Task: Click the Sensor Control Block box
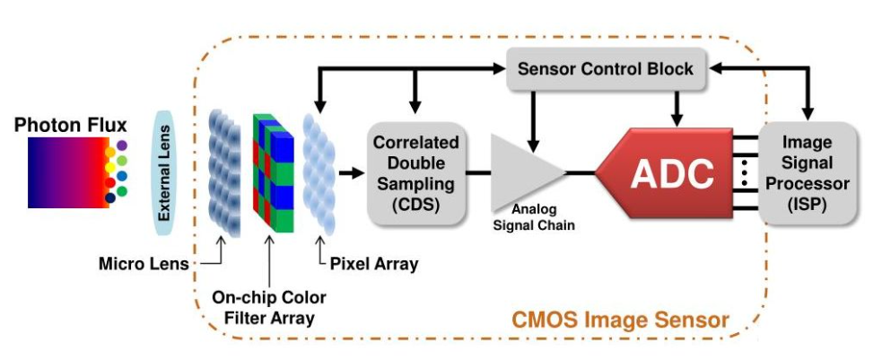(x=607, y=69)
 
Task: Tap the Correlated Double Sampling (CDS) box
(x=416, y=172)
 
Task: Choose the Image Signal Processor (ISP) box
(x=808, y=173)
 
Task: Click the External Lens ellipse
(x=165, y=172)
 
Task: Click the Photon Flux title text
(x=71, y=125)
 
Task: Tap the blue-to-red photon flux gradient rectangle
(x=68, y=172)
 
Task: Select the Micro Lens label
(x=144, y=263)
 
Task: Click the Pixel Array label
(x=374, y=263)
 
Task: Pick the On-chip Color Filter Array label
(x=269, y=307)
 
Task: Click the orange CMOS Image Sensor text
(x=620, y=320)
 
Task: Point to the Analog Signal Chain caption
(x=534, y=217)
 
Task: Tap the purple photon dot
(x=122, y=145)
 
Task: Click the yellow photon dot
(x=110, y=167)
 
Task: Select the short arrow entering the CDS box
(x=352, y=172)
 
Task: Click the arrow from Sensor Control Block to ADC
(x=677, y=109)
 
